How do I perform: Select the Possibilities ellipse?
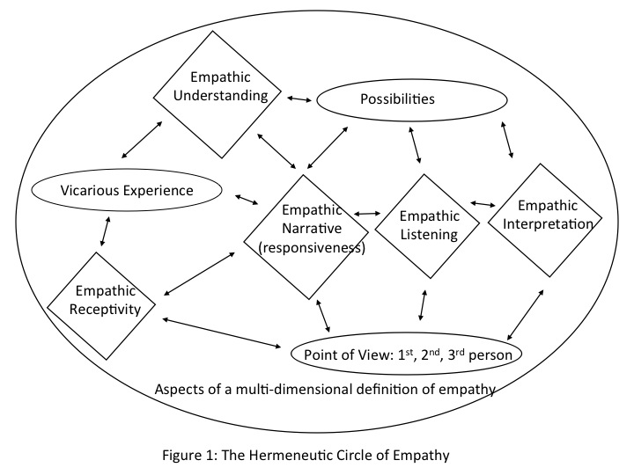point(397,99)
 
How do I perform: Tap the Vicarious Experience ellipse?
point(125,190)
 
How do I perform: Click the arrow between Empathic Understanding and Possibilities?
point(300,97)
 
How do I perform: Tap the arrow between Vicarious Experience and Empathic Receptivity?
point(105,230)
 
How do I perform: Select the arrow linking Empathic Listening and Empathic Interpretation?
point(482,204)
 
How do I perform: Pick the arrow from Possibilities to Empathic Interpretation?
point(506,140)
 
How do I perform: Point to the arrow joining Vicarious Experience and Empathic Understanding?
point(141,140)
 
